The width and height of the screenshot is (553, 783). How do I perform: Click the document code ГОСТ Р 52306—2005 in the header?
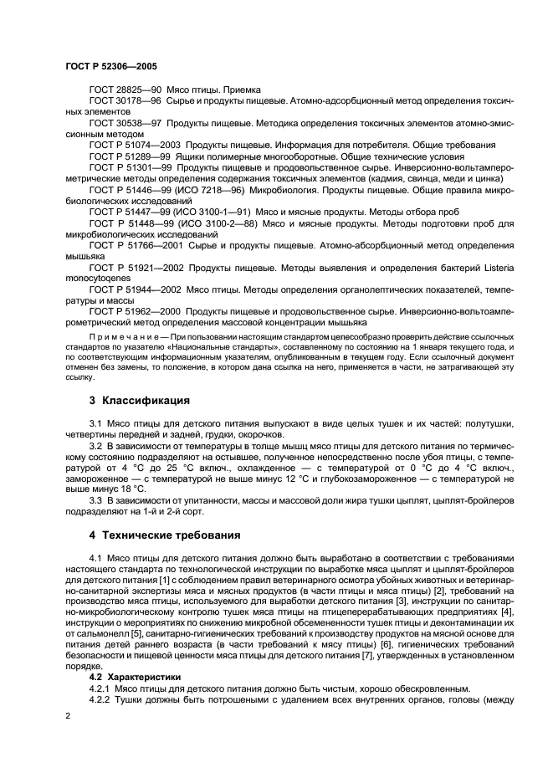[111, 66]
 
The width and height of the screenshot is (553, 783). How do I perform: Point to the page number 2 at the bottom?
[69, 717]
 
